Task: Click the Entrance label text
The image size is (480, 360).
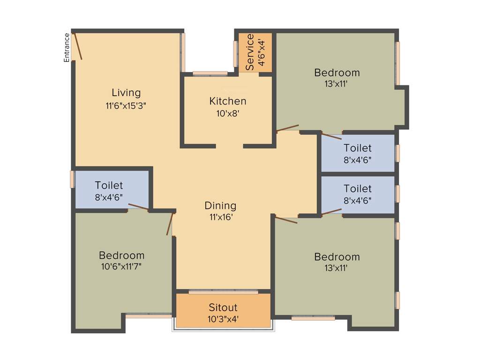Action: (x=67, y=47)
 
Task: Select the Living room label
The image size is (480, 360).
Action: (x=126, y=92)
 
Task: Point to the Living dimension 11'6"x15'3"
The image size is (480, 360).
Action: (x=126, y=105)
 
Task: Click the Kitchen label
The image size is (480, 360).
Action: (x=227, y=101)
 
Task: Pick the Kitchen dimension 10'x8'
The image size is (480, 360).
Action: (x=227, y=113)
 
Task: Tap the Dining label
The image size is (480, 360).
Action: (x=220, y=206)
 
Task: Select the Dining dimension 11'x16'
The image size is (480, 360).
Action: (x=220, y=217)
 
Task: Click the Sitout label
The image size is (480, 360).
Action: (x=223, y=308)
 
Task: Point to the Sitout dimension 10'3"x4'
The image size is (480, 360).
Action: (x=223, y=320)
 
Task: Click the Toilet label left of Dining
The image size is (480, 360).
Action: (x=109, y=186)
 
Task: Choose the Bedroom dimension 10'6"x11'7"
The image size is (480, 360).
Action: (x=121, y=267)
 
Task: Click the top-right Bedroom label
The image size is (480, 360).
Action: (x=337, y=73)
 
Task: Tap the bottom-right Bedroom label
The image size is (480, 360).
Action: (x=337, y=257)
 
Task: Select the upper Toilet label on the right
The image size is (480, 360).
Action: (x=357, y=149)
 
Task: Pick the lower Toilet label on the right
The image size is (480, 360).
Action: (x=357, y=188)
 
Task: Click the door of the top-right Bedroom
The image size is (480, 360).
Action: (x=287, y=128)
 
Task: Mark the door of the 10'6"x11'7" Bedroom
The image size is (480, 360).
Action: (x=170, y=224)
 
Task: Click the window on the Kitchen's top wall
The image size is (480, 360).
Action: (x=210, y=73)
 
